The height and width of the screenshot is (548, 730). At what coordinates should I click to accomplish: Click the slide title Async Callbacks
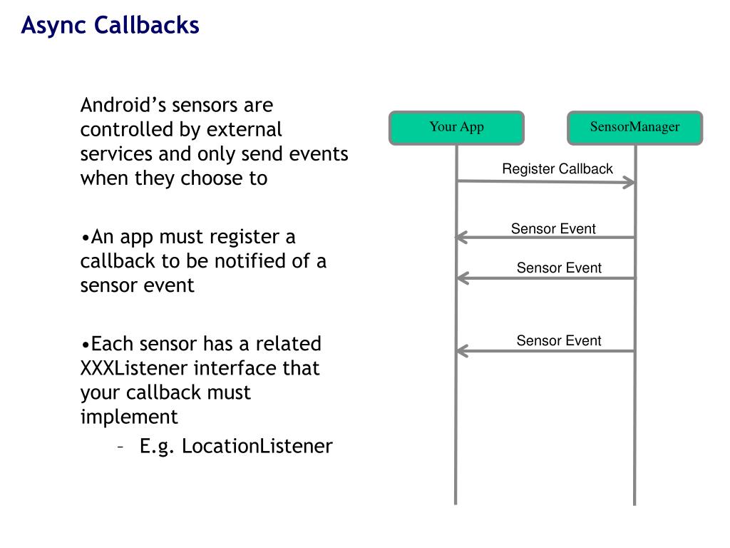click(x=110, y=26)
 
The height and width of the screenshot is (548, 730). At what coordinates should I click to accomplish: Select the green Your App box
click(x=457, y=128)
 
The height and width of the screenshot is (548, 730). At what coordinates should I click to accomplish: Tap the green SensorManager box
click(x=634, y=128)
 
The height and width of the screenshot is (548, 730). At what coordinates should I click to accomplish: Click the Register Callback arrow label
click(x=557, y=168)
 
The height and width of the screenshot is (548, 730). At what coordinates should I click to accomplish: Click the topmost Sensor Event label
click(x=553, y=228)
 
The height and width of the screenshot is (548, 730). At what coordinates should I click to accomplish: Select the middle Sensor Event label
click(x=559, y=268)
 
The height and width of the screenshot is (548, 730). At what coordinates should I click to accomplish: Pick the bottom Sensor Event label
click(x=559, y=340)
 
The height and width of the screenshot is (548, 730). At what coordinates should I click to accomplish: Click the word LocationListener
click(x=257, y=446)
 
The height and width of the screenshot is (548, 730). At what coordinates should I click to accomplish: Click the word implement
click(x=129, y=417)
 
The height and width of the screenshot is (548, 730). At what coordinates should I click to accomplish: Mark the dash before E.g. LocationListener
click(x=120, y=447)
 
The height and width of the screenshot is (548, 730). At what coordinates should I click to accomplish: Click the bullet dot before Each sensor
click(x=86, y=345)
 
